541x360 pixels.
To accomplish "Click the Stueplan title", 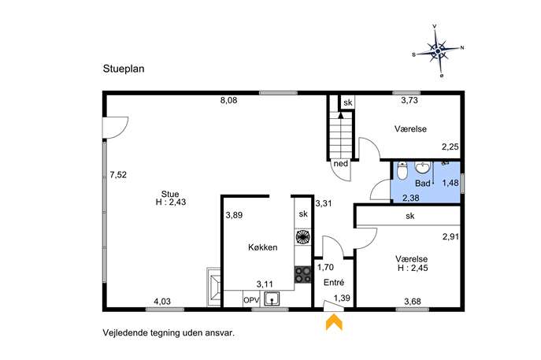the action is point(124,69).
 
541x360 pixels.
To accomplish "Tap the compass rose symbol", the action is point(438,51).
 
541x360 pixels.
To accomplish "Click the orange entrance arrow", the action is point(334,321).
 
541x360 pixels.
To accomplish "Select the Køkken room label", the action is point(262,247).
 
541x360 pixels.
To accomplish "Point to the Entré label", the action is point(334,282).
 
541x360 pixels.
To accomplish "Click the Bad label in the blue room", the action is point(423,184).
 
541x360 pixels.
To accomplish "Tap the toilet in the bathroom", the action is point(402,170).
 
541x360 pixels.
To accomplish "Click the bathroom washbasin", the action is point(423,168).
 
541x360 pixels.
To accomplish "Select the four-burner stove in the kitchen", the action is point(302,275).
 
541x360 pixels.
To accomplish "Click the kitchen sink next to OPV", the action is point(272,299).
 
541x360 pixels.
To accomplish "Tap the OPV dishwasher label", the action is point(251,300).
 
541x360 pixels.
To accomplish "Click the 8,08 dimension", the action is point(228,101).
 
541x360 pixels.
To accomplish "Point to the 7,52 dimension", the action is point(118,175).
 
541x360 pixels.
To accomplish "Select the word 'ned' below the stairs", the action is point(341,164).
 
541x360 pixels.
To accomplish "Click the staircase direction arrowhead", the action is point(341,115).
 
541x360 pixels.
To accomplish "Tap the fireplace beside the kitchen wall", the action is point(213,287).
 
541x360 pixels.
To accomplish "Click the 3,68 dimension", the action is point(413,302).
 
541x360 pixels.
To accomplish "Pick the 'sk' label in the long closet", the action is point(410,216).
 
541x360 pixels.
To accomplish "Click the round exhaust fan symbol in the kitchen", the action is point(302,237).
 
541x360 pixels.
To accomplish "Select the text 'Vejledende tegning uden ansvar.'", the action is point(169,333).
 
